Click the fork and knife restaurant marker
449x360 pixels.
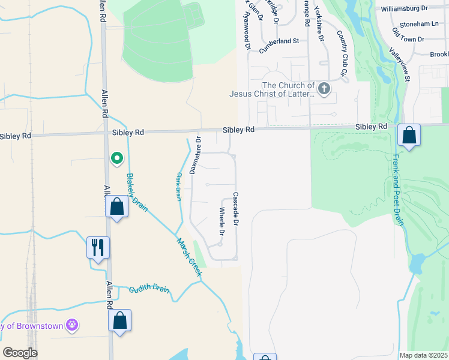coord(98,247)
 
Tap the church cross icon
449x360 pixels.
coord(324,90)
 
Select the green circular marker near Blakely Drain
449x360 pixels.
coord(117,158)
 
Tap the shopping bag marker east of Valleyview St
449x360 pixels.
coord(409,136)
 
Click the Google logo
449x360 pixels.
coord(20,353)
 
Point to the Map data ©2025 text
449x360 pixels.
coord(423,355)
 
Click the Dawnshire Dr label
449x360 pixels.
coord(194,155)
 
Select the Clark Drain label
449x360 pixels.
coord(178,187)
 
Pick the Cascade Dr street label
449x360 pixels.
coord(236,209)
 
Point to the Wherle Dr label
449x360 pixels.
coord(221,221)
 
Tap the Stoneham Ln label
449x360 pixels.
coord(418,24)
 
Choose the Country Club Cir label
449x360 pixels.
coord(343,53)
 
